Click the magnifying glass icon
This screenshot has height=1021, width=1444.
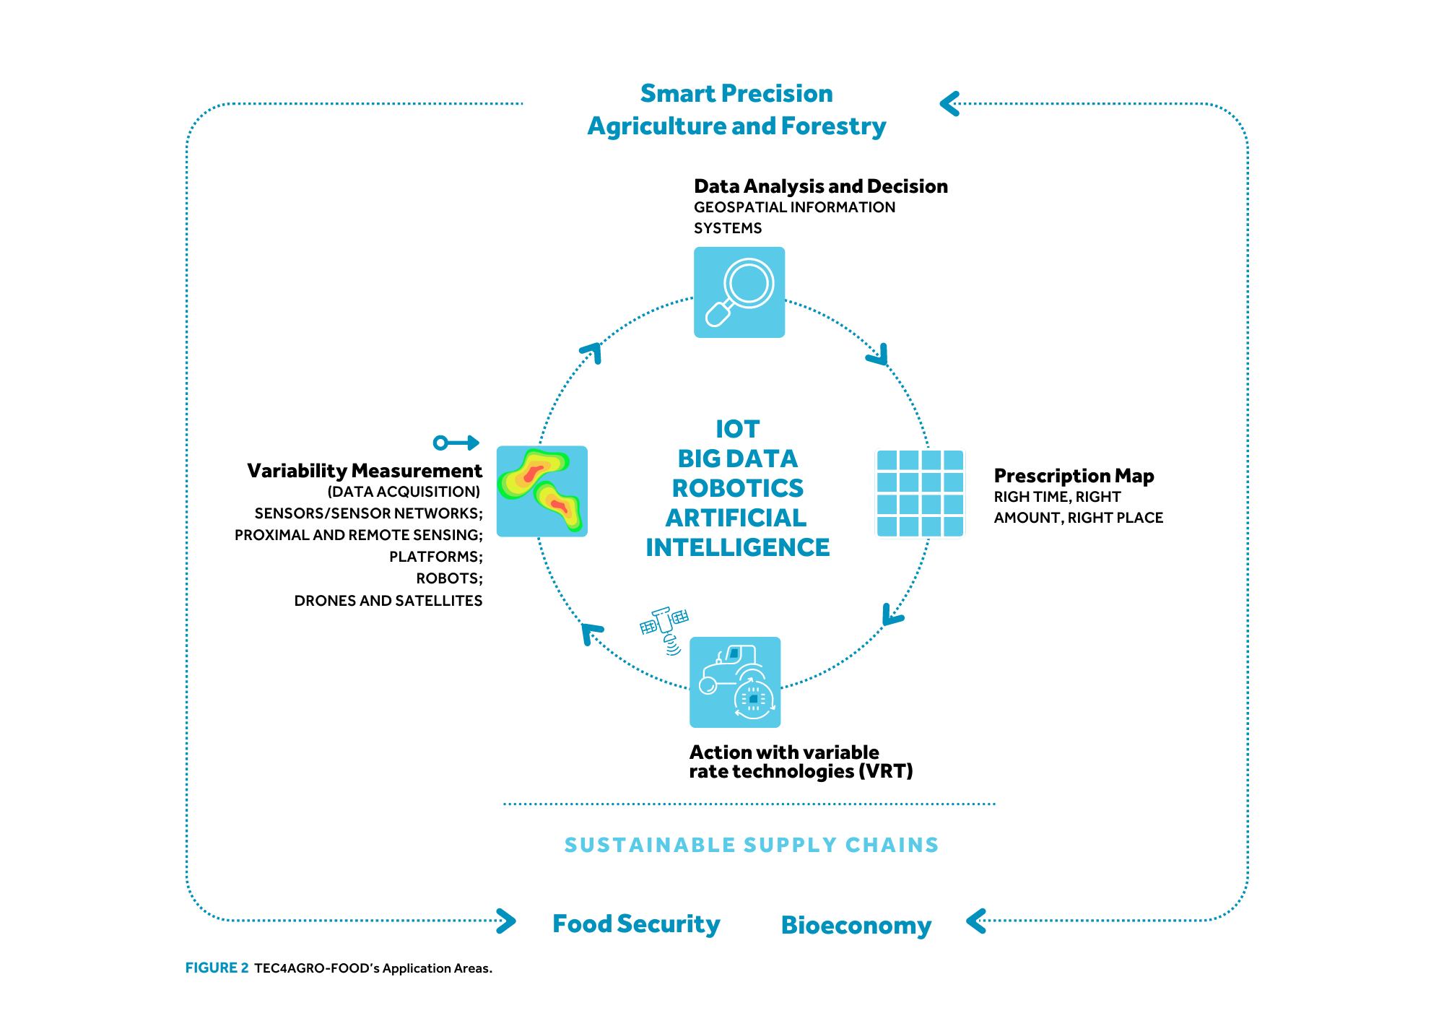(739, 292)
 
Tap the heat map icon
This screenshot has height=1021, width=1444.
(542, 491)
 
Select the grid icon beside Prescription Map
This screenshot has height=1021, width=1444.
(921, 493)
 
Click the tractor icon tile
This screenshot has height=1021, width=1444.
(735, 682)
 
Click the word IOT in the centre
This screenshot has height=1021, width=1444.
(737, 429)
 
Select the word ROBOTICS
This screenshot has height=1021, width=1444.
(737, 488)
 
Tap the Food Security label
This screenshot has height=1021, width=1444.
(636, 924)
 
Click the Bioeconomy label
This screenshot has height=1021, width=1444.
(856, 926)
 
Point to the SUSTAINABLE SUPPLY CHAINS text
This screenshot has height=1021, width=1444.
(752, 845)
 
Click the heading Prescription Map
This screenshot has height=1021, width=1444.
(1074, 476)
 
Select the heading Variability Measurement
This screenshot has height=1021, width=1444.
(365, 471)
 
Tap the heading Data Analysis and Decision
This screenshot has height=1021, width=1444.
(821, 186)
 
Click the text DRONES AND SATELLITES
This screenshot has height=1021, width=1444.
(388, 601)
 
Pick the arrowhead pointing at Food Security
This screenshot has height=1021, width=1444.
(507, 921)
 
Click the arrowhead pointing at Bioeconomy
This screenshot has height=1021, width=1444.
(975, 921)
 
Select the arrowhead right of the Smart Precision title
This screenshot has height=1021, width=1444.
(949, 104)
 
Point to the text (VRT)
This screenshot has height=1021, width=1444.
(886, 772)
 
